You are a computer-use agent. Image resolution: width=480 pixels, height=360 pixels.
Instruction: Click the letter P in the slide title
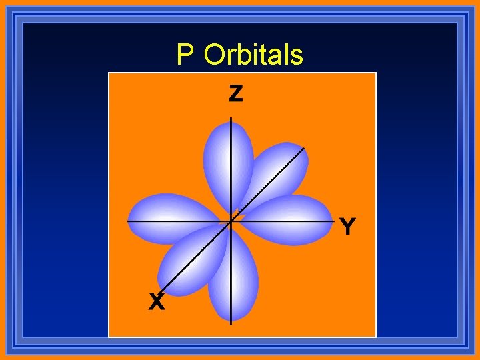[185, 55]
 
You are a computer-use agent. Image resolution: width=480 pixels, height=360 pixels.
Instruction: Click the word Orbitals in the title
[253, 55]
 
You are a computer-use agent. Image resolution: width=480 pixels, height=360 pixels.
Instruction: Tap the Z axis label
[235, 94]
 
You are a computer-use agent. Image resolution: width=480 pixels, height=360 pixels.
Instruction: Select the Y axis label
[347, 227]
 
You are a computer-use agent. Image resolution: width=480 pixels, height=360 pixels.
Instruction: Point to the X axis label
[156, 303]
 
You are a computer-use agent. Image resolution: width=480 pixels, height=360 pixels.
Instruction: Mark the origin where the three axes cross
[231, 220]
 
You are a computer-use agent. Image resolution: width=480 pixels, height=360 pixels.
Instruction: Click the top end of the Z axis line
[231, 118]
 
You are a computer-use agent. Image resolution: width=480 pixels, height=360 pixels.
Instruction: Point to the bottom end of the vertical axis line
[231, 323]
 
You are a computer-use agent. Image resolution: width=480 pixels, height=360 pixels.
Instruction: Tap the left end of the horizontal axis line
[128, 220]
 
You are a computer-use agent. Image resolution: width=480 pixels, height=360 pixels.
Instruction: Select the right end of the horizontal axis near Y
[333, 220]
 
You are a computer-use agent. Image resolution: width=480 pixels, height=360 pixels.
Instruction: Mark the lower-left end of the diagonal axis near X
[161, 293]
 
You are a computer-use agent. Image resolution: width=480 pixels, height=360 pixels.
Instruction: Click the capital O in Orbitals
[215, 55]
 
